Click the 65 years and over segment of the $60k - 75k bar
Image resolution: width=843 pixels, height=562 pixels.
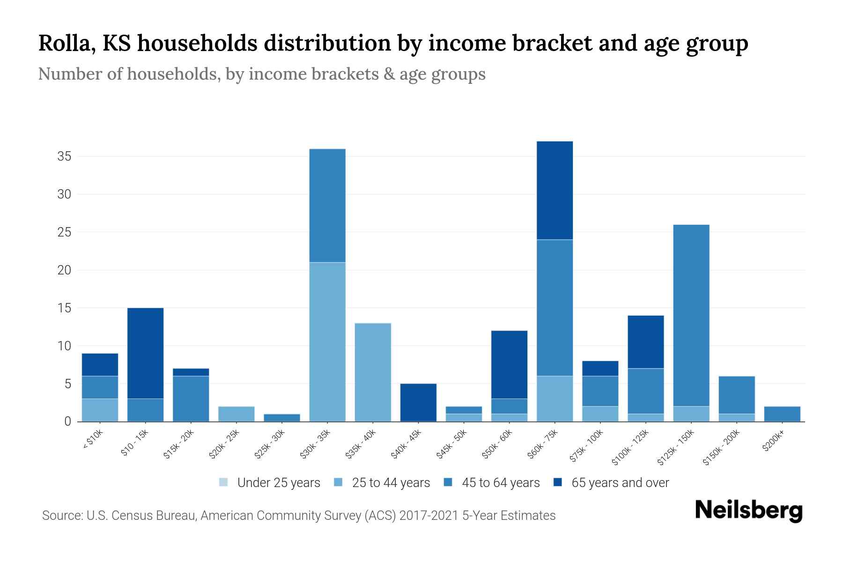(x=555, y=190)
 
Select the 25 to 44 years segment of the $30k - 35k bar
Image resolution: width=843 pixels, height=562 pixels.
(x=327, y=342)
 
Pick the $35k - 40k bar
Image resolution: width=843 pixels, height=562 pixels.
(x=373, y=372)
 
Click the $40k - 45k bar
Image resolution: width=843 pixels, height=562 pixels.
(x=418, y=402)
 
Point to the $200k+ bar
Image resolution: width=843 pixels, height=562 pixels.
(x=782, y=414)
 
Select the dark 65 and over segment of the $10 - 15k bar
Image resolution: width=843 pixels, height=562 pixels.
(x=145, y=353)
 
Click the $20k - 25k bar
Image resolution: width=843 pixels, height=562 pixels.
(x=237, y=414)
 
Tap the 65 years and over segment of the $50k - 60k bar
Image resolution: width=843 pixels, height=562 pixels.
(x=509, y=365)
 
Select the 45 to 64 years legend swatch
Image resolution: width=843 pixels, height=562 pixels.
(x=448, y=482)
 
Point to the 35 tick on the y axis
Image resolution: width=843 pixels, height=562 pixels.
(x=64, y=156)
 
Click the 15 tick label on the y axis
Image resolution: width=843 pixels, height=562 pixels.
(x=64, y=308)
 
